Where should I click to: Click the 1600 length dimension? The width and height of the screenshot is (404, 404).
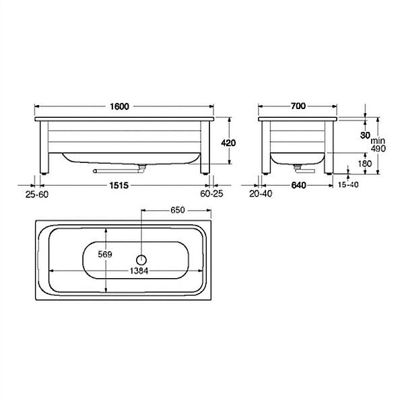pos(120,106)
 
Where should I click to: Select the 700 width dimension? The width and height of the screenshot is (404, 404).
pos(298,106)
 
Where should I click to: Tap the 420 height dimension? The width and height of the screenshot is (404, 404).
pos(228,143)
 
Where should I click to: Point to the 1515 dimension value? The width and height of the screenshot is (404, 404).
pos(119,185)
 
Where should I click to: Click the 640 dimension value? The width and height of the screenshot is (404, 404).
pos(298,185)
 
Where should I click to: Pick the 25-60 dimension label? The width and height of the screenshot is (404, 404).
pos(37,195)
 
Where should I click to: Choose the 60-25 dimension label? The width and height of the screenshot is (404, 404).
pos(212,194)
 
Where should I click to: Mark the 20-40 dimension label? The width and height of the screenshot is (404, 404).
pos(261,194)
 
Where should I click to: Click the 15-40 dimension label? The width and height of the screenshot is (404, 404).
pos(348,184)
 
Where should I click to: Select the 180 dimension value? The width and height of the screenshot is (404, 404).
pos(365,164)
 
